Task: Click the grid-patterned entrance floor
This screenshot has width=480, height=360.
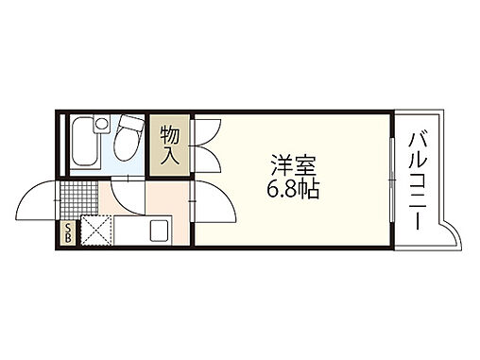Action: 78,198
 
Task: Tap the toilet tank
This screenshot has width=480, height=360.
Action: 128,124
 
